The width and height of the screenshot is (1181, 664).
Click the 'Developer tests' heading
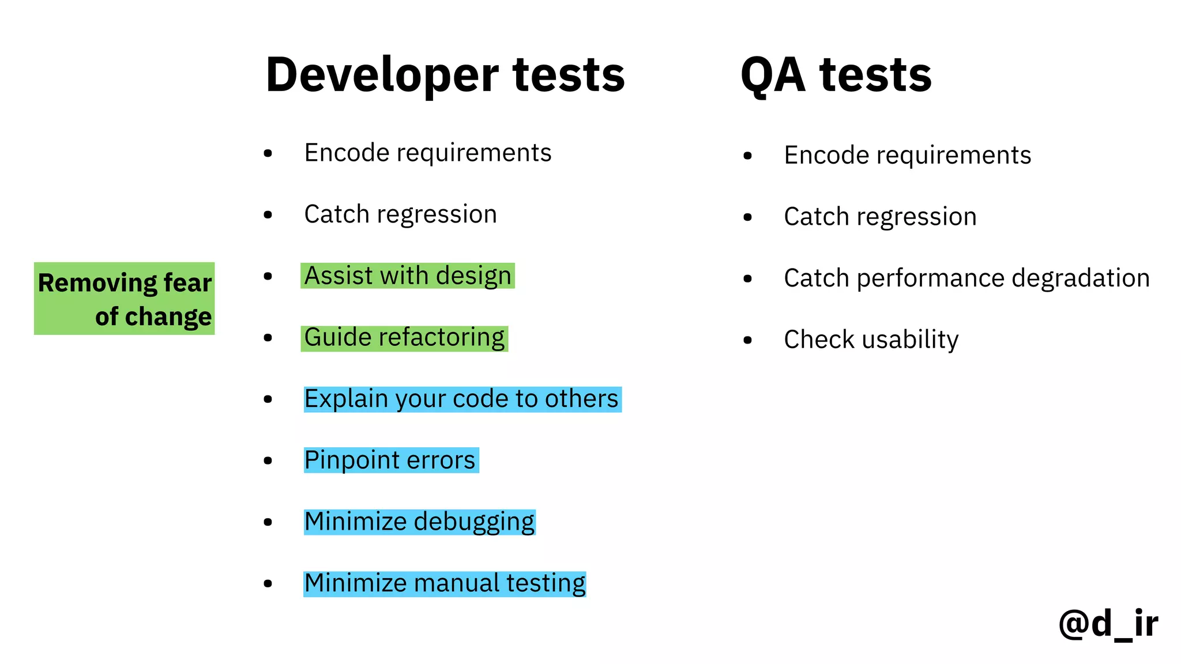445,75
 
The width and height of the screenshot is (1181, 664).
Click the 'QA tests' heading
836,75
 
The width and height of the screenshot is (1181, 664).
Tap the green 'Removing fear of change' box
125,299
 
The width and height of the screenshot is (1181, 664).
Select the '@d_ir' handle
1108,624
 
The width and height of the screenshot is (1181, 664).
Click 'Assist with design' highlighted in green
407,276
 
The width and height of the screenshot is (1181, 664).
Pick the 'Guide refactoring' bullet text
404,338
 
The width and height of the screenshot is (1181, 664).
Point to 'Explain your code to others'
461,399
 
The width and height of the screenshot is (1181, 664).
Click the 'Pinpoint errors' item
390,461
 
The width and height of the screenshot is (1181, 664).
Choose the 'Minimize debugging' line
419,522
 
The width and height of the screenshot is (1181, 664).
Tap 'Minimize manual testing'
445,583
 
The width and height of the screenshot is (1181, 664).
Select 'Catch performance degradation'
966,278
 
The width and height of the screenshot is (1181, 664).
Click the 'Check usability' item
871,339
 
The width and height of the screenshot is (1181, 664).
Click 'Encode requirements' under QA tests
907,156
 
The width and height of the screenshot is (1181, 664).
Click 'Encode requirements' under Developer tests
427,153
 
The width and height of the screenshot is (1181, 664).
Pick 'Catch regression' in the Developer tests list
400,214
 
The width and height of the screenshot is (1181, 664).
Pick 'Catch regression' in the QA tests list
880,217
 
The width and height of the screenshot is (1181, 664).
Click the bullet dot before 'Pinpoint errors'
268,461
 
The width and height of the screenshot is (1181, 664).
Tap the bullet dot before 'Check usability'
747,340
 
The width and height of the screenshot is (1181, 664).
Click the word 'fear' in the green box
187,283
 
